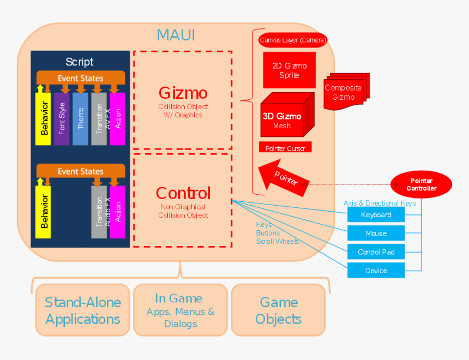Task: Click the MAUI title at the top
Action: (x=176, y=35)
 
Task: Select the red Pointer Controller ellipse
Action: (x=422, y=184)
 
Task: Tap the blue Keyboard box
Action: (x=376, y=215)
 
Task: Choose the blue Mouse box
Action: (x=376, y=233)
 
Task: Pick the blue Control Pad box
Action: (x=376, y=252)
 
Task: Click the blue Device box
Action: (x=376, y=271)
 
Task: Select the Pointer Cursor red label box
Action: (x=285, y=148)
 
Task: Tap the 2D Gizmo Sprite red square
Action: (x=289, y=70)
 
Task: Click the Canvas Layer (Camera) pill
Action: (x=293, y=40)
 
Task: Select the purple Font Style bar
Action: (x=62, y=118)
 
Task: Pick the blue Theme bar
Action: (x=80, y=118)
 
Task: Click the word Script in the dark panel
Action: (x=80, y=62)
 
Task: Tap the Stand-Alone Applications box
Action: (x=83, y=310)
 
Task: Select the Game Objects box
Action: (x=278, y=310)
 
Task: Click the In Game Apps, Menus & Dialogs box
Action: (x=181, y=310)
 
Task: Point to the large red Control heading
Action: (x=183, y=193)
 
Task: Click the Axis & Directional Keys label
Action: (x=380, y=203)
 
